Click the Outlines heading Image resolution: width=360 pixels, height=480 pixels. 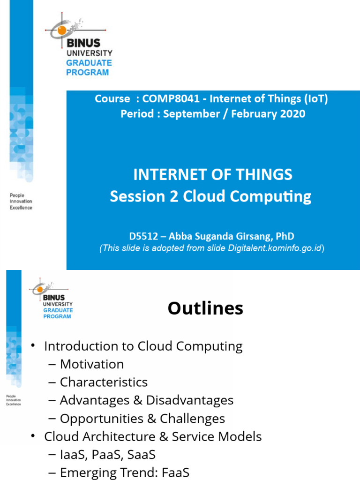[205, 308]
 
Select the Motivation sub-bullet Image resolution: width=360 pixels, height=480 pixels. [92, 364]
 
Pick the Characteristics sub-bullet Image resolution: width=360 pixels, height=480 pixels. [104, 382]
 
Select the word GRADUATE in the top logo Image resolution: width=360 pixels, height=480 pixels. [89, 63]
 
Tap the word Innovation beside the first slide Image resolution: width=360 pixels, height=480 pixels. [21, 202]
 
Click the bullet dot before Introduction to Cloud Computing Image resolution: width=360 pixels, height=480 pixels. [33, 346]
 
